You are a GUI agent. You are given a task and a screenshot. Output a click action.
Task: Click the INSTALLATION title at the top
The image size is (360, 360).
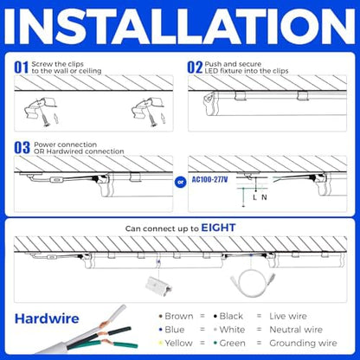click(180, 28)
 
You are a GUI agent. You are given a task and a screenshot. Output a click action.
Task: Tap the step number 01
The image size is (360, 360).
click(21, 66)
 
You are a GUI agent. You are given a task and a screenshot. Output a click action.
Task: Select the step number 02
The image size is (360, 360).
click(195, 66)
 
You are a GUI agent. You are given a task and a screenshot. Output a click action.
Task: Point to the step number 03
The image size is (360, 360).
click(21, 148)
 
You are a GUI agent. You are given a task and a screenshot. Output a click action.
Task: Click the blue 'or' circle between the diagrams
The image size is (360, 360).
click(180, 182)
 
